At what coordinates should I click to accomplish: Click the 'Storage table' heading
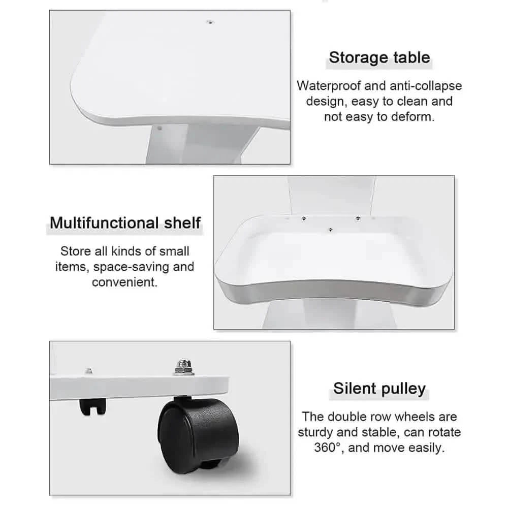(379, 58)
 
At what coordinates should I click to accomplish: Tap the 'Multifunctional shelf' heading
(125, 223)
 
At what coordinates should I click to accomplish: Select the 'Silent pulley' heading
(379, 389)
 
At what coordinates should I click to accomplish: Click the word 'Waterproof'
(329, 86)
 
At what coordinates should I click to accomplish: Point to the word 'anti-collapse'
(425, 86)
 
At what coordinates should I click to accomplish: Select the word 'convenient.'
(125, 282)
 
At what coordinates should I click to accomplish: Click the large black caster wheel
(198, 434)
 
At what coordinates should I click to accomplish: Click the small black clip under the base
(92, 407)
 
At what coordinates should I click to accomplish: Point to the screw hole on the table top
(210, 22)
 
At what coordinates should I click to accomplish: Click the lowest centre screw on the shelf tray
(331, 230)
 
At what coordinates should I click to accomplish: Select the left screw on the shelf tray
(304, 218)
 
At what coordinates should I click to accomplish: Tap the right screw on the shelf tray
(358, 218)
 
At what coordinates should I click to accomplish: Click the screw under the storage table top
(160, 129)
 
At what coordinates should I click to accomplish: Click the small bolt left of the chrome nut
(88, 371)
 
